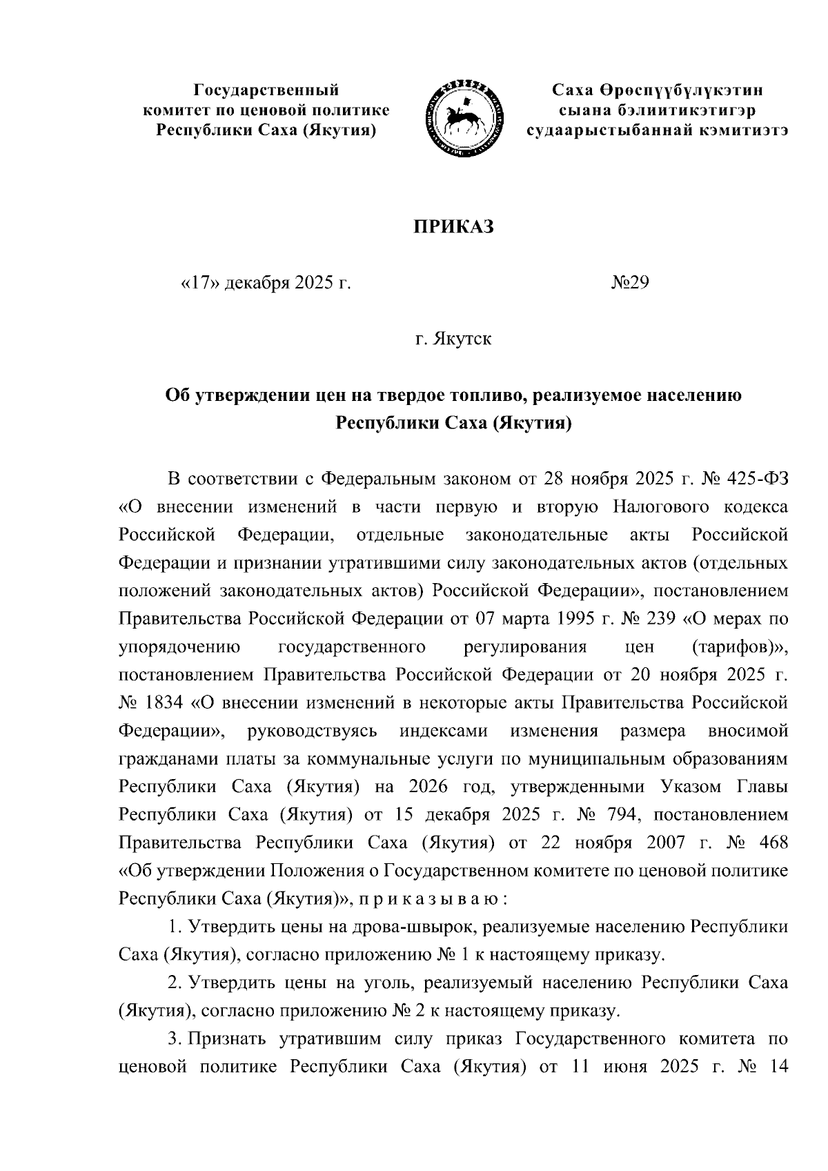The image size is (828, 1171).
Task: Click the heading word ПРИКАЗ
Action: point(453,227)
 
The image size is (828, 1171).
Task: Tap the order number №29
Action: point(630,283)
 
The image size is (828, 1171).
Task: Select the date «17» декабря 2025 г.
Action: point(265,283)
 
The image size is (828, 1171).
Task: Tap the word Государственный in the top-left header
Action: point(266,90)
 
